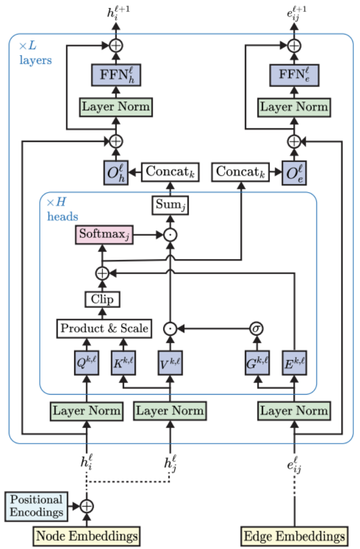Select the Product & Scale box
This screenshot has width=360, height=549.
click(104, 328)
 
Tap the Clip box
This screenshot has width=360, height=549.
click(102, 299)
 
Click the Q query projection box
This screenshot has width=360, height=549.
click(86, 362)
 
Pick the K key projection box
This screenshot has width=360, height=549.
click(125, 362)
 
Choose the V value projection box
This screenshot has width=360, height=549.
click(170, 362)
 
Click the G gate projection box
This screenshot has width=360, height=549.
click(256, 362)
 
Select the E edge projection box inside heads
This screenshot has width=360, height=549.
click(295, 362)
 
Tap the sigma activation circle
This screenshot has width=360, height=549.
click(256, 329)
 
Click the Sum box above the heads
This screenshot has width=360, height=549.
click(170, 206)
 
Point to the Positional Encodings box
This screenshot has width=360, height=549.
click(35, 505)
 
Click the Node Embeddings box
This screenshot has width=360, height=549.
click(86, 534)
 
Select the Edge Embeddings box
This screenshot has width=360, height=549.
click(295, 534)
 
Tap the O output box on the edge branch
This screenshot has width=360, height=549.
click(294, 172)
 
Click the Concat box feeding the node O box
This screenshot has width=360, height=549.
click(170, 172)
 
